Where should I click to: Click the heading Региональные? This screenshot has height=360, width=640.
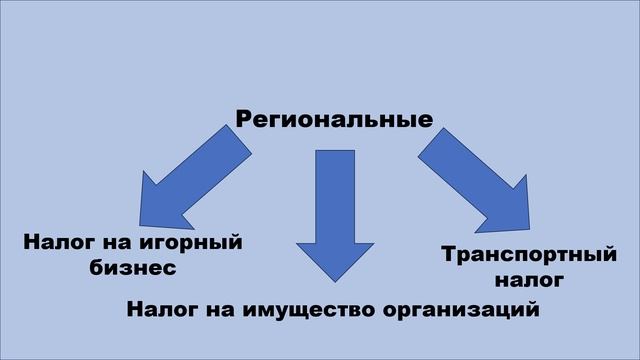(x=334, y=120)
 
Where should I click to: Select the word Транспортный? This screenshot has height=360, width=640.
(x=528, y=256)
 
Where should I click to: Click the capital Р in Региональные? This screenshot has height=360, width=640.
(x=245, y=120)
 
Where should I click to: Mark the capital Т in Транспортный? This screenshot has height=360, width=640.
(x=450, y=256)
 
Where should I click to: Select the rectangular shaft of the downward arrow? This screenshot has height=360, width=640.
(x=335, y=190)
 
